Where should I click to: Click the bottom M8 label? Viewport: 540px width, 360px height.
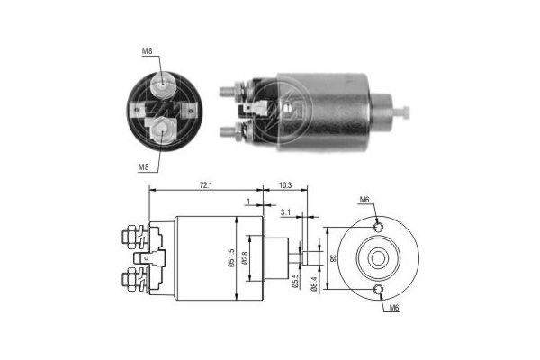(144, 166)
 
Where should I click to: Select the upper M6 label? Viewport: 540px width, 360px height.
(364, 199)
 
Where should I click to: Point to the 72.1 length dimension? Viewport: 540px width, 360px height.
(205, 184)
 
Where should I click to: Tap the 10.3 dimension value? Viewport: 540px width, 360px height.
(285, 184)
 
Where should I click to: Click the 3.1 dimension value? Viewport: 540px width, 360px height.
(285, 212)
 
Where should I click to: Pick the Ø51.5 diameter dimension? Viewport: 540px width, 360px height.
(231, 260)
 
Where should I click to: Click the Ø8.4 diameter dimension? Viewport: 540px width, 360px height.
(314, 283)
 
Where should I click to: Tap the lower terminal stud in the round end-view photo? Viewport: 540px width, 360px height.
(164, 130)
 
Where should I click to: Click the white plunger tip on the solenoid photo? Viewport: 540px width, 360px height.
(404, 112)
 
